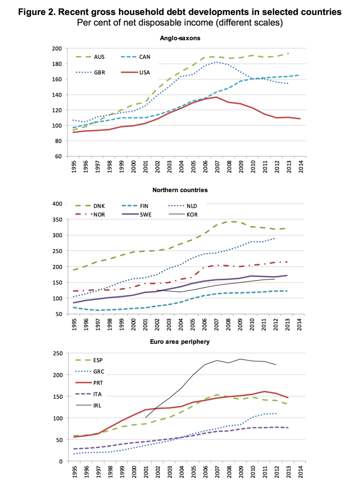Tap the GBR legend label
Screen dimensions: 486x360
click(x=99, y=72)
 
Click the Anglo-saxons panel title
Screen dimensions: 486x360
click(x=180, y=38)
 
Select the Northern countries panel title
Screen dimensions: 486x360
click(x=180, y=190)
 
